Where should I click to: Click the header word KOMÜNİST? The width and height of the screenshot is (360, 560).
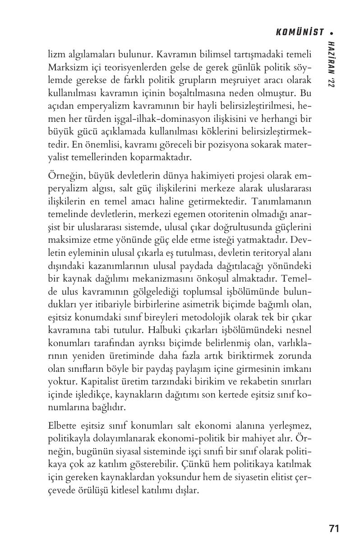(x=300, y=32)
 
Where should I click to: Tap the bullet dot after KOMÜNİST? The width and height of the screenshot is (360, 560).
(x=331, y=32)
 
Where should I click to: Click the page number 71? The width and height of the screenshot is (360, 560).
(x=334, y=528)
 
